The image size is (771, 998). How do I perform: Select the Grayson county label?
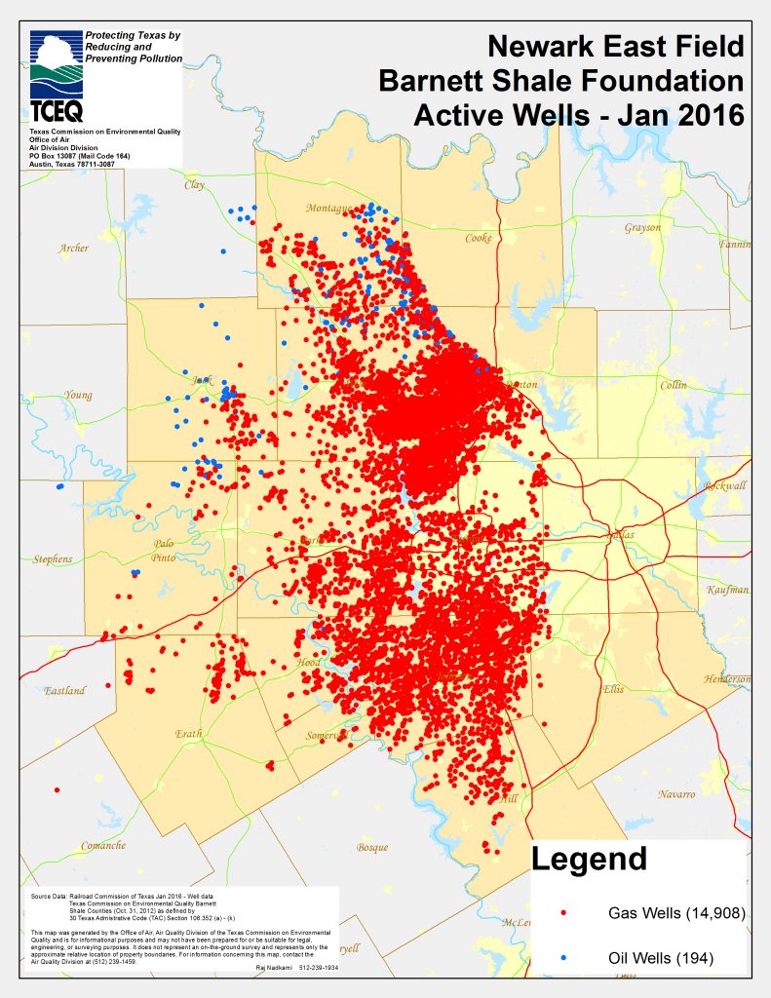point(642,228)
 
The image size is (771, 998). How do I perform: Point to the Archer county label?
point(73,249)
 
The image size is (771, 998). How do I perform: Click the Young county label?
point(78,396)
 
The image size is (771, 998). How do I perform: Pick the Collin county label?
point(673,385)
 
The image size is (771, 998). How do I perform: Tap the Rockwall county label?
point(726,485)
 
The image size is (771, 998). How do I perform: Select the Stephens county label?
point(53,559)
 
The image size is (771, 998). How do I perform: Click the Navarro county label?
point(675,794)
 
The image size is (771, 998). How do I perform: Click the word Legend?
point(589,859)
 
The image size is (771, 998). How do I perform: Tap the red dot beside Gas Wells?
point(563,914)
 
